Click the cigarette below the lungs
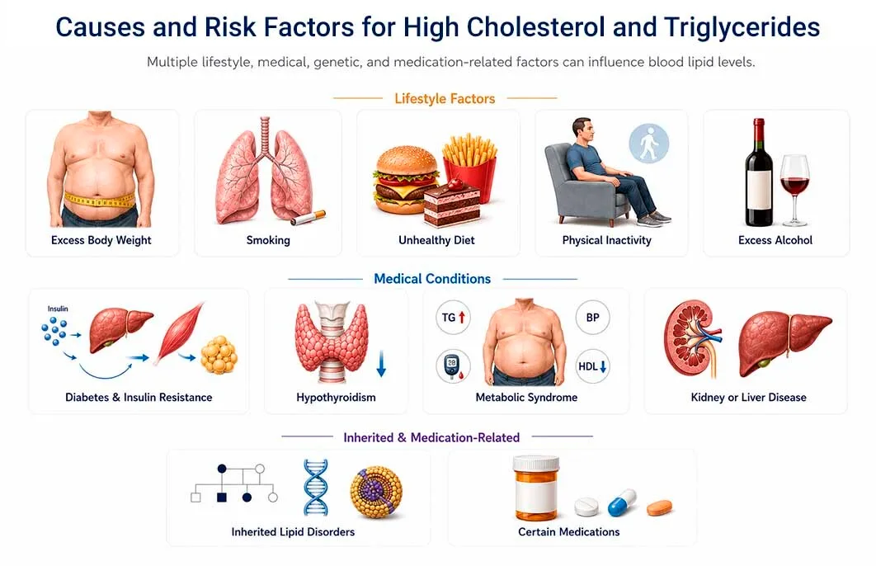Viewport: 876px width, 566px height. click(308, 217)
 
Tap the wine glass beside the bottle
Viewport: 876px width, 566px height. click(794, 190)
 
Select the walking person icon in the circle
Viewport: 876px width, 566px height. click(648, 144)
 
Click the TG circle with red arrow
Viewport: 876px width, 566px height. click(453, 318)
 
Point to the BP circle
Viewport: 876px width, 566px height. click(592, 318)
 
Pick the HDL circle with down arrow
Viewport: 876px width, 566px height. click(592, 366)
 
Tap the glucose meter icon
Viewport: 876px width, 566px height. click(453, 366)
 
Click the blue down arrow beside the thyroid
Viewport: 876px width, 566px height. click(381, 364)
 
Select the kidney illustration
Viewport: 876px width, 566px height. click(692, 338)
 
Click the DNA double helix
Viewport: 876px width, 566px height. click(316, 488)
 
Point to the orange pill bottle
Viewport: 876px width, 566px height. click(536, 488)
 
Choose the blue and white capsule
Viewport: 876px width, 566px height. click(622, 502)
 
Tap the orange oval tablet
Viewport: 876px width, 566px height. click(659, 507)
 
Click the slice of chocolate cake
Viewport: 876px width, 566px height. click(451, 203)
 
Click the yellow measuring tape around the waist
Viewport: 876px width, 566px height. click(100, 200)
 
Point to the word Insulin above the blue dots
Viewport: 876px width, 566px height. click(58, 309)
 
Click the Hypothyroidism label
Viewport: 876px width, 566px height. click(336, 397)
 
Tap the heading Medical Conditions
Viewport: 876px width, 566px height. click(432, 279)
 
